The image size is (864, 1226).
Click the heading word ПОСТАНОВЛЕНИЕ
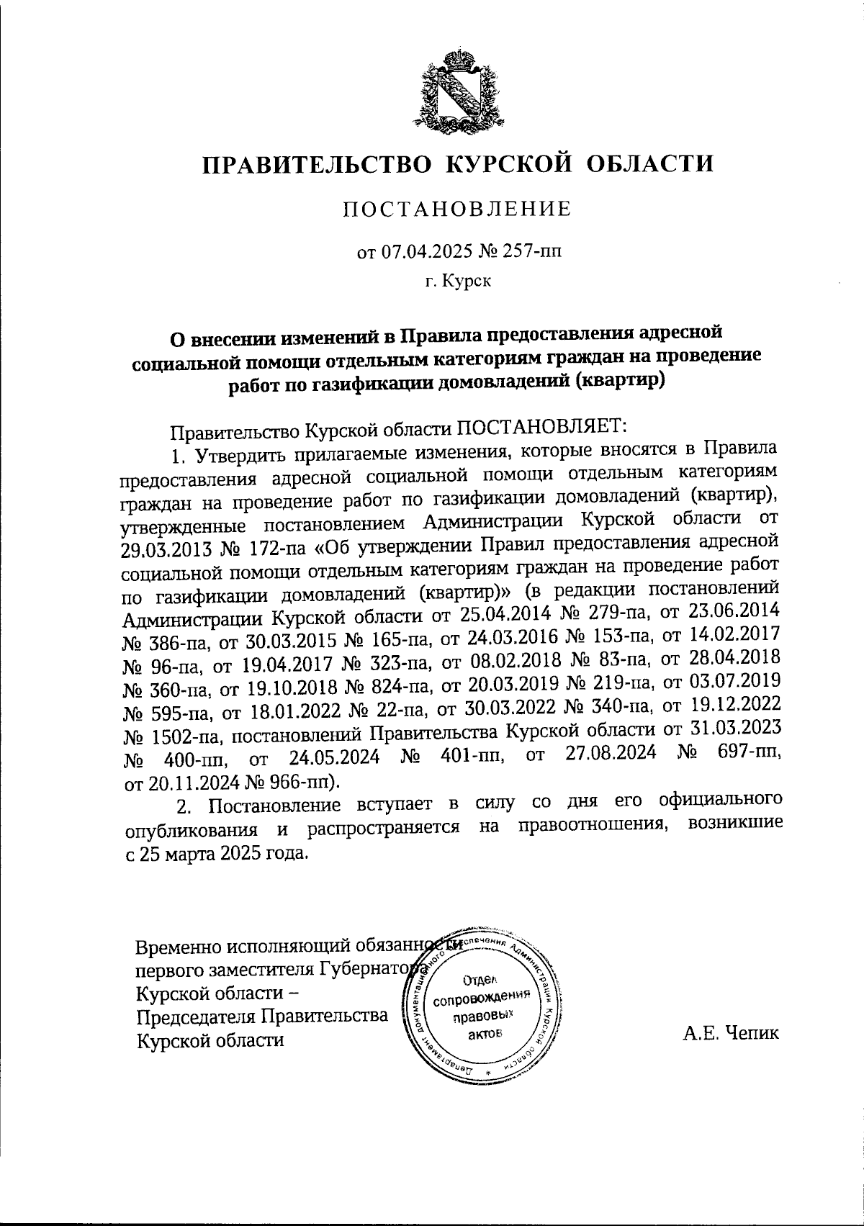pyautogui.click(x=456, y=209)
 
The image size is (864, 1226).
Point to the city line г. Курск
pyautogui.click(x=457, y=281)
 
